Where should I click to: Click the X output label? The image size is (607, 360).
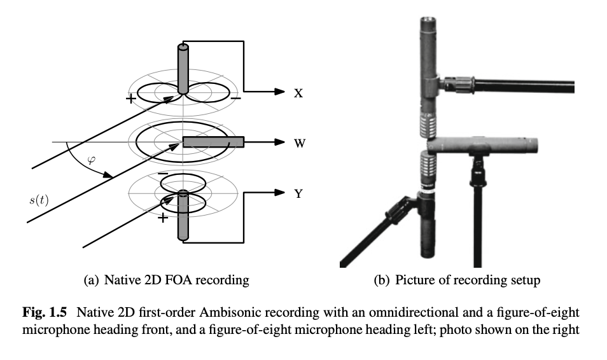pyautogui.click(x=298, y=93)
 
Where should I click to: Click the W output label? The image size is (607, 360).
pyautogui.click(x=299, y=143)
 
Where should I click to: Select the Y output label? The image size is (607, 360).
pyautogui.click(x=298, y=193)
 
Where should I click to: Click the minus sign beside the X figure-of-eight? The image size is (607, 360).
pyautogui.click(x=235, y=99)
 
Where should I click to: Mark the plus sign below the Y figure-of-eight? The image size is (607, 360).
pyautogui.click(x=163, y=218)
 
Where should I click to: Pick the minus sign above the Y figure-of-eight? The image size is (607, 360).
pyautogui.click(x=164, y=173)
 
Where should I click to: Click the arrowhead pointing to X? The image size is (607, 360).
pyautogui.click(x=277, y=92)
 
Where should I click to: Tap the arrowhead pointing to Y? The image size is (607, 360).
pyautogui.click(x=277, y=193)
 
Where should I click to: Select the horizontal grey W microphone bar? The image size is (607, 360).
pyautogui.click(x=213, y=142)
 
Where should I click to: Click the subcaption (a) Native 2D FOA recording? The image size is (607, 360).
pyautogui.click(x=166, y=279)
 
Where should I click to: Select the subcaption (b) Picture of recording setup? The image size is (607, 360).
pyautogui.click(x=456, y=279)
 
